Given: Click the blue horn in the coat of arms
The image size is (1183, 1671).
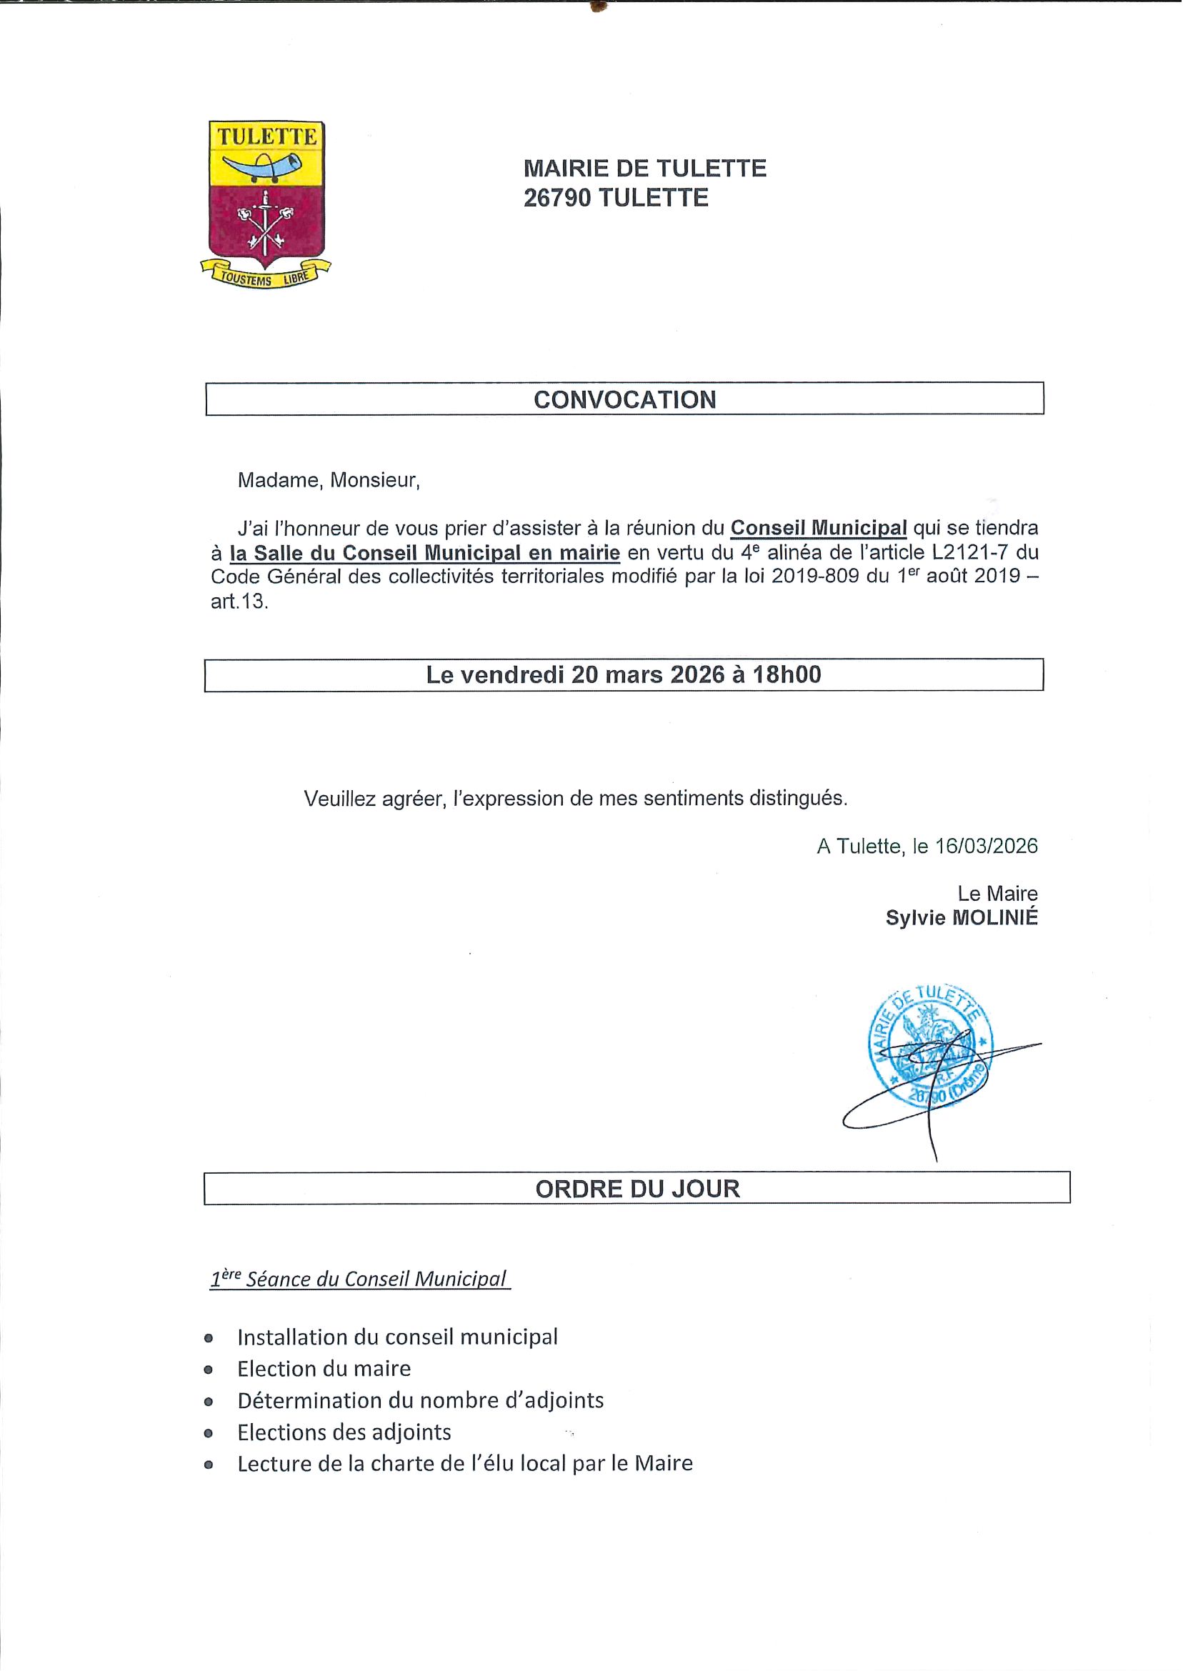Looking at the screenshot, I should [x=261, y=166].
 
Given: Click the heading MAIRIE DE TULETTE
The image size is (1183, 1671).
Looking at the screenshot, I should [x=644, y=169].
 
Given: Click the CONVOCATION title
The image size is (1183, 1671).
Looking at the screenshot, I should [x=624, y=399].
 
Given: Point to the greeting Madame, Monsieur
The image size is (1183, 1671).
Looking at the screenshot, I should [x=329, y=480].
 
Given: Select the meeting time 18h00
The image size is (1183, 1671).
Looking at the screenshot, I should [x=787, y=674].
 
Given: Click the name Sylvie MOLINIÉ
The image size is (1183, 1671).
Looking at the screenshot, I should [x=962, y=918].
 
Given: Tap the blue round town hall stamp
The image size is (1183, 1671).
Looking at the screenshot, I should [x=930, y=1046].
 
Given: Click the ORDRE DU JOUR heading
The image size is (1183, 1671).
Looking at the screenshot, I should [x=637, y=1189].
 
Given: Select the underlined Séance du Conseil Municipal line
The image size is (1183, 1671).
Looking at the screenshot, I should [x=360, y=1279].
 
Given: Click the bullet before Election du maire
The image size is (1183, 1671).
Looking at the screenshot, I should [x=209, y=1370].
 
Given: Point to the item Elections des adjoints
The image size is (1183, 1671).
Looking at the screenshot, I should [x=344, y=1432].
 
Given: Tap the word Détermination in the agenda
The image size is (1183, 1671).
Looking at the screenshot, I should [x=299, y=1400].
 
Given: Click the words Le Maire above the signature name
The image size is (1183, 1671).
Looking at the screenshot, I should [x=997, y=893].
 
